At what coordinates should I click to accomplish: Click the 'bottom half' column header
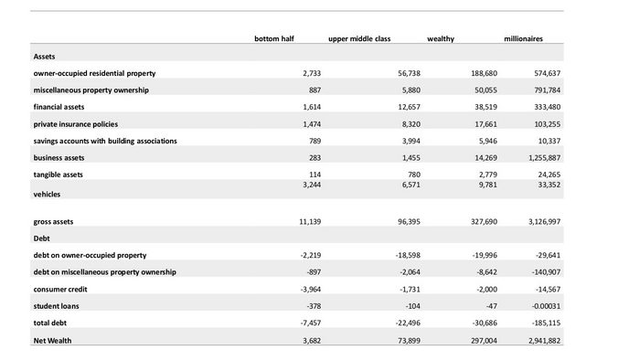[x=274, y=38]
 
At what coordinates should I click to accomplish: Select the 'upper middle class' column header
[x=359, y=39]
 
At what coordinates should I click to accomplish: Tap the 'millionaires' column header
[x=523, y=38]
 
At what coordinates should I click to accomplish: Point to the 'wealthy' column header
[x=441, y=39]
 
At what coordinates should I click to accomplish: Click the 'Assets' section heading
[x=44, y=57]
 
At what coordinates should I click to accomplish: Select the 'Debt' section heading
[x=42, y=238]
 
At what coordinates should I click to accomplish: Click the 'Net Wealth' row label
[x=52, y=341]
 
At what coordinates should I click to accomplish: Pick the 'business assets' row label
[x=59, y=158]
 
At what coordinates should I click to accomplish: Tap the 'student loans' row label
[x=57, y=306]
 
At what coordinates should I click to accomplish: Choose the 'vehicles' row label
[x=47, y=195]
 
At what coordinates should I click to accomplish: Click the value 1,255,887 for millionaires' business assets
[x=545, y=158]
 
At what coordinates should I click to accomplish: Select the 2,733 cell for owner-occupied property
[x=312, y=73]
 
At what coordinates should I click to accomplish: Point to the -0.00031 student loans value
[x=546, y=306]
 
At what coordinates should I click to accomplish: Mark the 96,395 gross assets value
[x=409, y=222]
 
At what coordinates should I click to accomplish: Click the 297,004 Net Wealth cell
[x=484, y=341]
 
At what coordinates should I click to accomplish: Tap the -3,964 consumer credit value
[x=311, y=290]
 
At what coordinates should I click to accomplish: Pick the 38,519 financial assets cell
[x=485, y=107]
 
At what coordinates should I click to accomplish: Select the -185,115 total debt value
[x=546, y=323]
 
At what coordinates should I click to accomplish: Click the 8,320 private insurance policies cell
[x=411, y=124]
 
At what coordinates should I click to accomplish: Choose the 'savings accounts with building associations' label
[x=105, y=141]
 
